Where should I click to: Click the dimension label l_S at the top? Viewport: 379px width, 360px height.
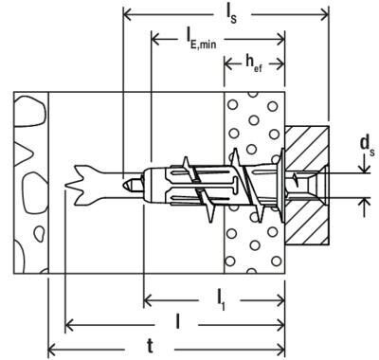pyautogui.click(x=231, y=15)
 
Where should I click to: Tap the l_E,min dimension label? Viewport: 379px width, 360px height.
pyautogui.click(x=201, y=39)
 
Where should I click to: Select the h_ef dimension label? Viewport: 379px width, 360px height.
pyautogui.click(x=254, y=64)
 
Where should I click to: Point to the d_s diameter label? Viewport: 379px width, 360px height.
pyautogui.click(x=368, y=146)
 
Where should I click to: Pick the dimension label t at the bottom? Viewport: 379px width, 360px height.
pyautogui.click(x=151, y=348)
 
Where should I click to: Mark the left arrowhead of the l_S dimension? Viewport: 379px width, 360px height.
pyautogui.click(x=127, y=14)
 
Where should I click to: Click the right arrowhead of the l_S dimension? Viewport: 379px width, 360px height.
pyautogui.click(x=325, y=14)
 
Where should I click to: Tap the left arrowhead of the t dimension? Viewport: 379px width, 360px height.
pyautogui.click(x=52, y=350)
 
